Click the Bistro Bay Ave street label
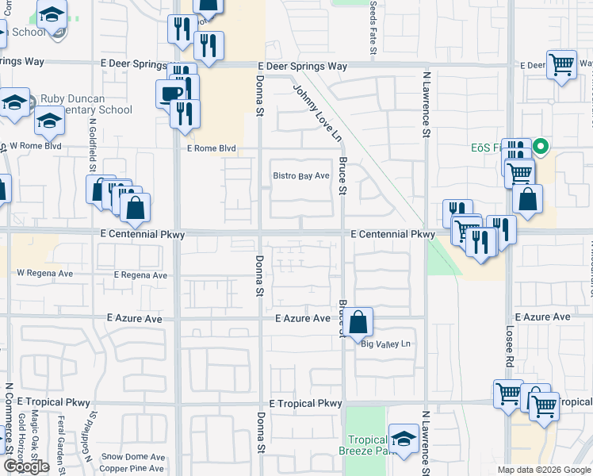pos(300,175)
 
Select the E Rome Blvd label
pos(212,148)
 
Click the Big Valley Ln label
pos(387,344)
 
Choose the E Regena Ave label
pos(140,275)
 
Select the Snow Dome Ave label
pos(133,457)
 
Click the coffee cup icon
pos(171,94)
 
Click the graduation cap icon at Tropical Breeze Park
pos(404,439)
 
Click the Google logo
pos(26,466)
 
